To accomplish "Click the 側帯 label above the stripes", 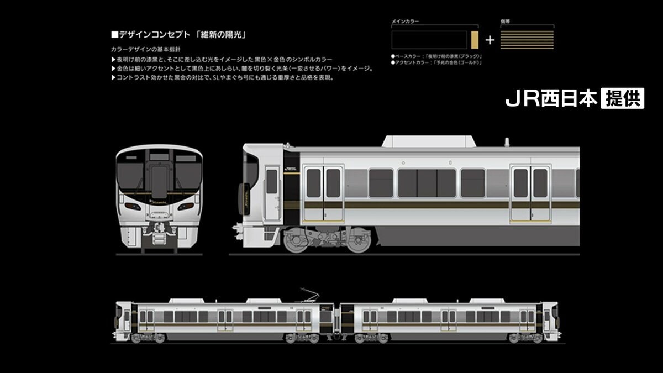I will pyautogui.click(x=506, y=21).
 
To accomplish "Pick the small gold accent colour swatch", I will pyautogui.click(x=474, y=40).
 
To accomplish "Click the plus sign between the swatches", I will pyautogui.click(x=490, y=40).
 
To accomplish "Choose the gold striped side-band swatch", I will pyautogui.click(x=527, y=40).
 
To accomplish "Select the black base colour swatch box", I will pyautogui.click(x=429, y=40).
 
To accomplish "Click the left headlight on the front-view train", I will pyautogui.click(x=133, y=206).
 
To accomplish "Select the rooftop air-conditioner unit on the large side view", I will pyautogui.click(x=429, y=141).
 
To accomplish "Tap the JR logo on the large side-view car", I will pyautogui.click(x=291, y=169).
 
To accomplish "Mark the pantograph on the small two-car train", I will pyautogui.click(x=310, y=295).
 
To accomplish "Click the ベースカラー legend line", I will pyautogui.click(x=436, y=56).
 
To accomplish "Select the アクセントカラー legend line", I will pyautogui.click(x=436, y=62).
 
